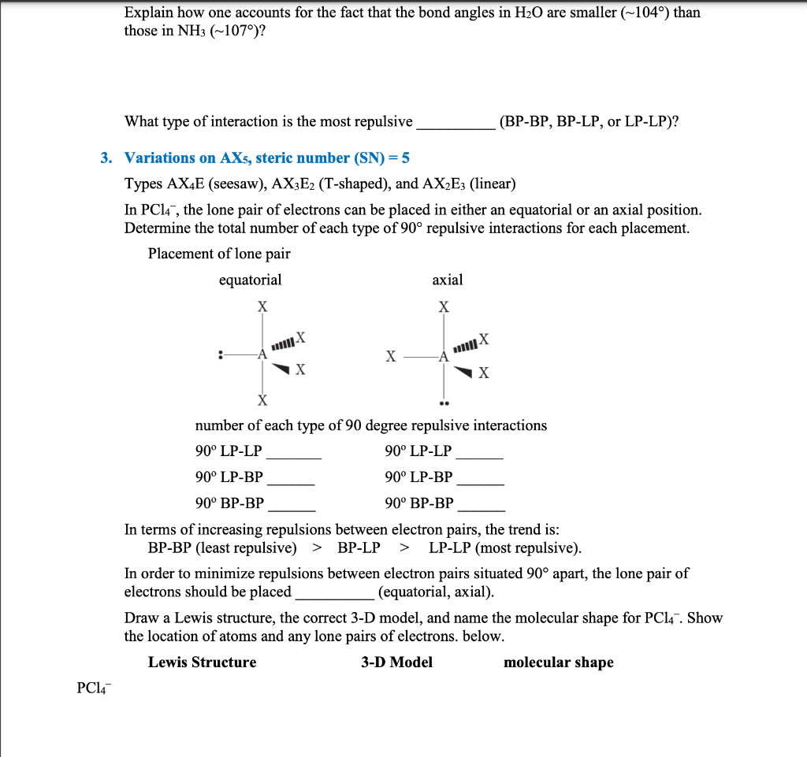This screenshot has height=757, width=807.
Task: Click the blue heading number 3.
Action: pyautogui.click(x=106, y=158)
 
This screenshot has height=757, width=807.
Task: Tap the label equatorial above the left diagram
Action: pyautogui.click(x=250, y=280)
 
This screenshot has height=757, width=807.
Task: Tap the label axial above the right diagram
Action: pyautogui.click(x=448, y=280)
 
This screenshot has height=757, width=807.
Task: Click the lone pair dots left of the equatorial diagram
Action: pyautogui.click(x=221, y=355)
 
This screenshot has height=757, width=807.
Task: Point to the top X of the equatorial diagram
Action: pyautogui.click(x=262, y=306)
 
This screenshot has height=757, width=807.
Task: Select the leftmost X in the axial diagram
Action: pyautogui.click(x=390, y=356)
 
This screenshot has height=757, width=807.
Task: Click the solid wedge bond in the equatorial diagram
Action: pyautogui.click(x=281, y=367)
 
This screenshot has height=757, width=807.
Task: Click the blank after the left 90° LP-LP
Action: pyautogui.click(x=293, y=456)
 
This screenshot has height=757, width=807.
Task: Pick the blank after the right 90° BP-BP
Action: pyautogui.click(x=482, y=508)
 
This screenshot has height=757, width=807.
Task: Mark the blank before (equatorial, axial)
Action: pyautogui.click(x=334, y=596)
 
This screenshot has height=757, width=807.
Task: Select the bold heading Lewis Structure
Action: pyautogui.click(x=202, y=662)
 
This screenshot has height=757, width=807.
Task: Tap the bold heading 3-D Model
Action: pyautogui.click(x=396, y=662)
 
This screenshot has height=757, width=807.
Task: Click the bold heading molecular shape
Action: pyautogui.click(x=558, y=662)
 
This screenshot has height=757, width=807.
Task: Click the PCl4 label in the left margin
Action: pyautogui.click(x=94, y=688)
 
